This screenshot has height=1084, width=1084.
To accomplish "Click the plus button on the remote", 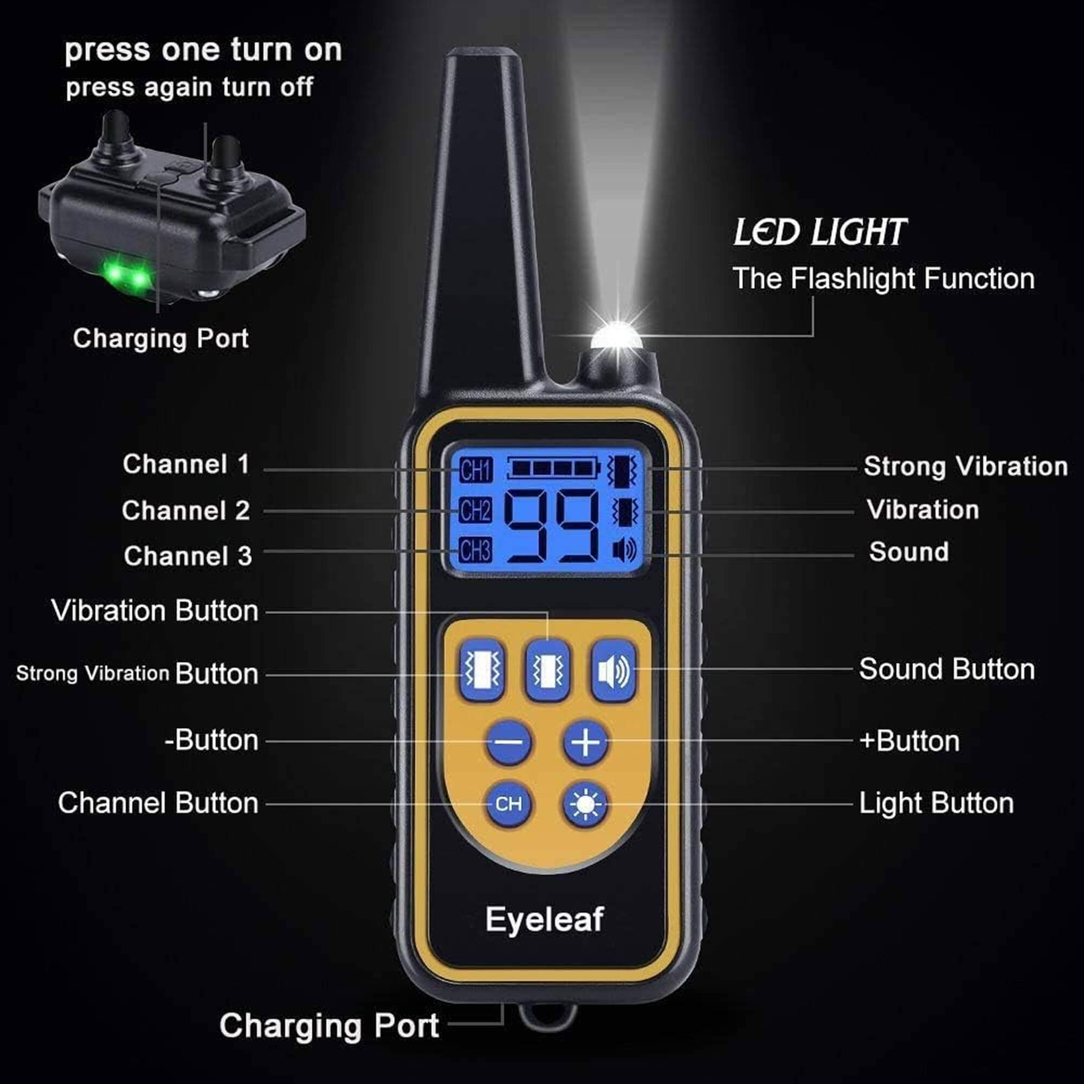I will click(585, 743).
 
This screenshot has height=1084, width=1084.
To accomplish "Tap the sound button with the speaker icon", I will click(613, 671).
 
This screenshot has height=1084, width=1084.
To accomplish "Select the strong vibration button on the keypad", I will click(481, 670).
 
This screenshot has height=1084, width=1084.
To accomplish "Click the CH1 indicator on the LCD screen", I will click(476, 470).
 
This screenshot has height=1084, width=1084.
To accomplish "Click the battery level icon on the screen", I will click(553, 467).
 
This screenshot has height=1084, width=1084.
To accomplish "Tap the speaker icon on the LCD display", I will click(624, 550).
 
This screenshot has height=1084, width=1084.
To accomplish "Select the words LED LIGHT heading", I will click(820, 233).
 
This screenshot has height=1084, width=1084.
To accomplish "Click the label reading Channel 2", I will click(186, 511).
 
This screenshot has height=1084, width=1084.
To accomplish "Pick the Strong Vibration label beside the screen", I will click(965, 467).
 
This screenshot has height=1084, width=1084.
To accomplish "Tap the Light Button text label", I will click(937, 803).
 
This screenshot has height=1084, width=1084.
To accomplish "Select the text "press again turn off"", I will click(189, 87).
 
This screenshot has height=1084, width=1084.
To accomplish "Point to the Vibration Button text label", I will click(155, 610).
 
